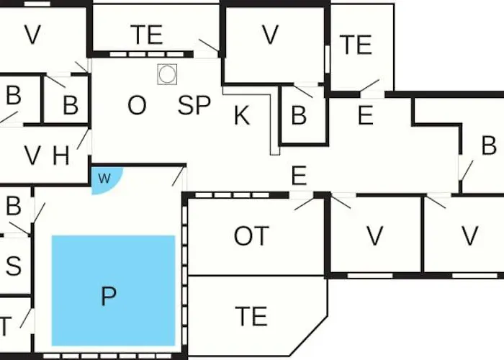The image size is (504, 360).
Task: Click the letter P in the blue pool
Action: [109, 296]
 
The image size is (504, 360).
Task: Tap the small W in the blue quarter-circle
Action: [104, 178]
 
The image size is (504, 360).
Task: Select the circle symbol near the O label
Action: [167, 74]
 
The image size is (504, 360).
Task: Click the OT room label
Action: [251, 236]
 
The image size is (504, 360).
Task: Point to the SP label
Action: [194, 105]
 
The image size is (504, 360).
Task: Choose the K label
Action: [242, 115]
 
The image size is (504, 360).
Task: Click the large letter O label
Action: [137, 105]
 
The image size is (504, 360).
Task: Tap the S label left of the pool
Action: [14, 266]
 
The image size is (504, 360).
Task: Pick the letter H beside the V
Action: [60, 156]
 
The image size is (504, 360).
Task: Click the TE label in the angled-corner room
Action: [251, 316]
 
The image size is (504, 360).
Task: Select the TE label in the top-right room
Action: [356, 45]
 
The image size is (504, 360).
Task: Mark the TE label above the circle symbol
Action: [146, 35]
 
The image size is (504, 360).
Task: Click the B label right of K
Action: [299, 115]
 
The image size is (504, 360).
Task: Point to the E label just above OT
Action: [299, 176]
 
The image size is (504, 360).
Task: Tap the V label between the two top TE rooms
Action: [270, 35]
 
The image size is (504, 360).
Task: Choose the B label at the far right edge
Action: [489, 145]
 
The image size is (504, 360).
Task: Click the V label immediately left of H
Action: [32, 156]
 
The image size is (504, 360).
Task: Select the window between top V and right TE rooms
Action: [328, 60]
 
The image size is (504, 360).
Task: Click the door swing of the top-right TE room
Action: [369, 86]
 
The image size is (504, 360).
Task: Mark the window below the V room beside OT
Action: [370, 276]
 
